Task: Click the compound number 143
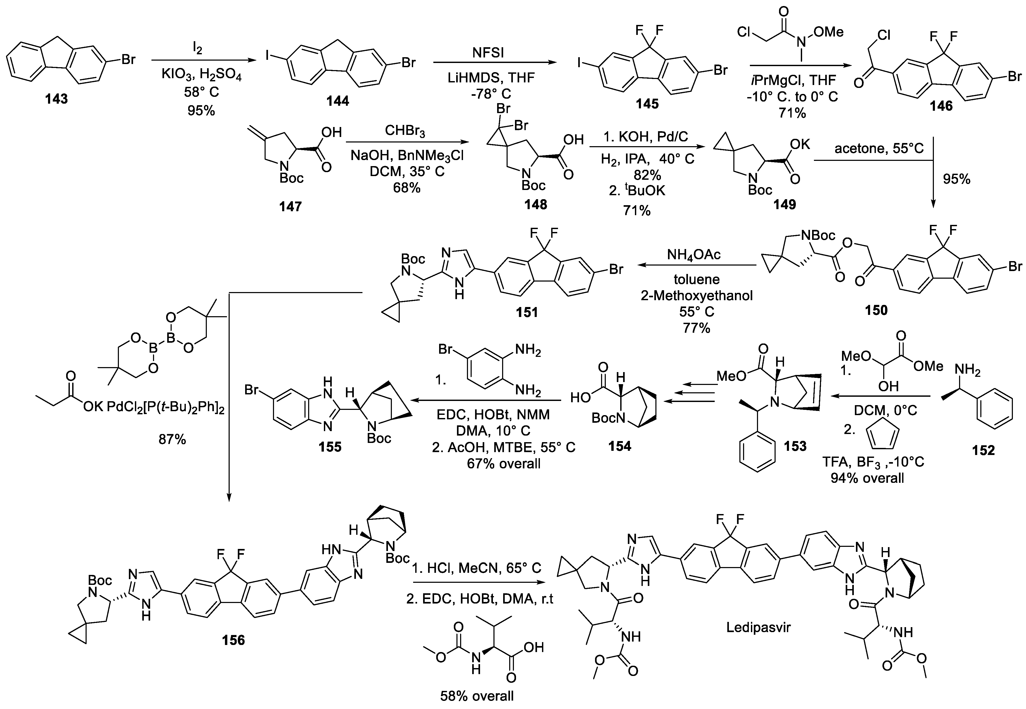(x=56, y=99)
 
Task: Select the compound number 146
(x=941, y=106)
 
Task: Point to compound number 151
(x=527, y=313)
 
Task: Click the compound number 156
(x=233, y=640)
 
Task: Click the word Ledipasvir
(x=759, y=627)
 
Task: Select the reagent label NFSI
(x=487, y=53)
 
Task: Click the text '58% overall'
(x=477, y=696)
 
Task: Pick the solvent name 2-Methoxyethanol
(x=697, y=295)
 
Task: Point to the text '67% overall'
(x=503, y=464)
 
